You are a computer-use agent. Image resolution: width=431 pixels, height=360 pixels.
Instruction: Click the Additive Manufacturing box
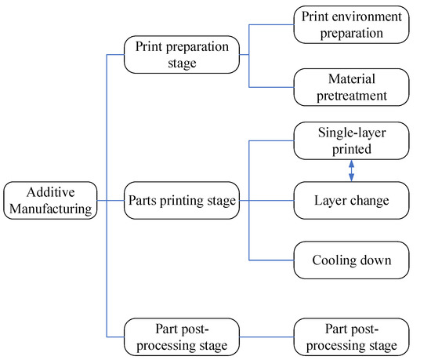[51, 202]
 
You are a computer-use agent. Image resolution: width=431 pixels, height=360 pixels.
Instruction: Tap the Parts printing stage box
[181, 202]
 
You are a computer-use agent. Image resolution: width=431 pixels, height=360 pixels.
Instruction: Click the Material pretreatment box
[350, 86]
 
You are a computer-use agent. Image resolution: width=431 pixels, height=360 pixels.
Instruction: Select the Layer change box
[350, 202]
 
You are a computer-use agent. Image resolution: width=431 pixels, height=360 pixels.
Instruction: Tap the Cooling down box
[350, 260]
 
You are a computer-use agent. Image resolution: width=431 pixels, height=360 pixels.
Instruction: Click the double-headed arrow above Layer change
[351, 171]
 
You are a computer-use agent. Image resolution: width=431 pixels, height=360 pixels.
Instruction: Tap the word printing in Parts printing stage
[181, 202]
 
